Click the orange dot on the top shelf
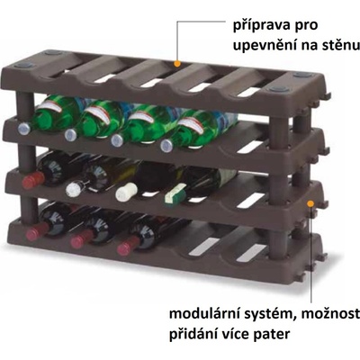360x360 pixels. (177, 64)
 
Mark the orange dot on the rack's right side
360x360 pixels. (310, 204)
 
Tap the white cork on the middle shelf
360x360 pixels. (126, 192)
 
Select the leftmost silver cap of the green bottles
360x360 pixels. (24, 129)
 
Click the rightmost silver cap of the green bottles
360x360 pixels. (166, 146)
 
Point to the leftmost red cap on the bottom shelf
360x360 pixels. (37, 231)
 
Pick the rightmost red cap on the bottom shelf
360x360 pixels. (128, 246)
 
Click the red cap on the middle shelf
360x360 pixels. (33, 180)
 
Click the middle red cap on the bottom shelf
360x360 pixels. (81, 239)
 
